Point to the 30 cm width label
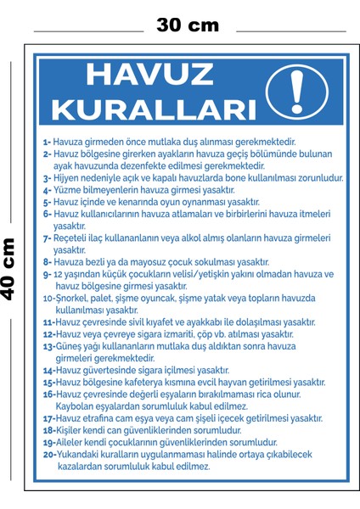click(188, 25)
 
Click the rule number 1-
click(47, 143)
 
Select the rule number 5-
click(47, 203)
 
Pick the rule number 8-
click(47, 262)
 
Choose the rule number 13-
click(48, 346)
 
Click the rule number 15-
click(48, 383)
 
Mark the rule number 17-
click(48, 418)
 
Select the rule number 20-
click(49, 454)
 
